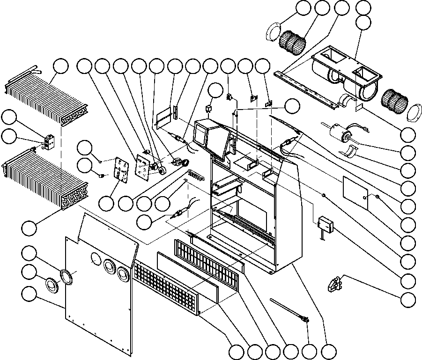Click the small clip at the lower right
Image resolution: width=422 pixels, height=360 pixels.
pyautogui.click(x=336, y=283)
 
